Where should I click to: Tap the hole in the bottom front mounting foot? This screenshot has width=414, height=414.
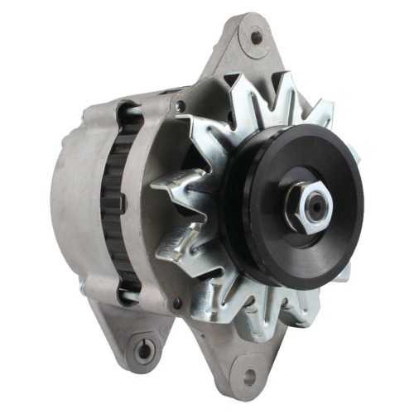tap(245, 386)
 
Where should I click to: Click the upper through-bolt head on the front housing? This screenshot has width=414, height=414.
tap(179, 106)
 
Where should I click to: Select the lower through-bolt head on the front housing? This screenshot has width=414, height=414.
tap(176, 305)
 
